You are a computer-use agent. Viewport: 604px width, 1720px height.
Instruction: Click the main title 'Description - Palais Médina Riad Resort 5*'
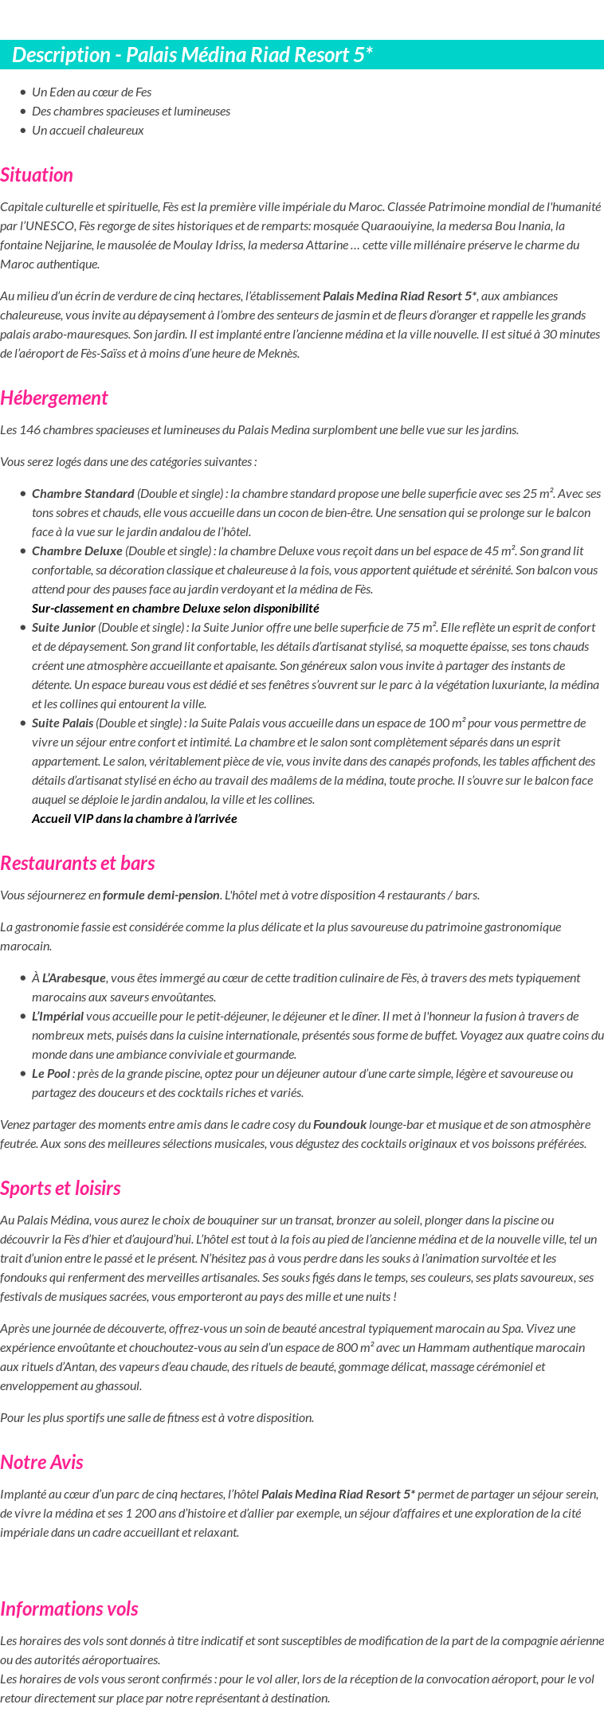pyautogui.click(x=192, y=55)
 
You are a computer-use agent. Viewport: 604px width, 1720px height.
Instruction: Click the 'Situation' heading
pyautogui.click(x=37, y=174)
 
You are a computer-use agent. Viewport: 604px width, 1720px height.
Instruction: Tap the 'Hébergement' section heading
pyautogui.click(x=53, y=398)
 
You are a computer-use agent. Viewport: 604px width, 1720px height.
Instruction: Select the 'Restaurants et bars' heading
pyautogui.click(x=77, y=863)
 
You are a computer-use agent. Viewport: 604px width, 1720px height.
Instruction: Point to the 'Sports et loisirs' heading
pyautogui.click(x=61, y=1188)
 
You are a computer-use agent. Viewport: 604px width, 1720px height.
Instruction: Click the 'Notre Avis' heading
pyautogui.click(x=41, y=1462)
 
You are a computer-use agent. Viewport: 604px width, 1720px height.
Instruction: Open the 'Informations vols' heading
pyautogui.click(x=69, y=1608)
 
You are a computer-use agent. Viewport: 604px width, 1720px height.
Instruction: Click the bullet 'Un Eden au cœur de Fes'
pyautogui.click(x=92, y=92)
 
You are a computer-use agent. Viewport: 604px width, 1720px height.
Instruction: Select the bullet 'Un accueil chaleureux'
pyautogui.click(x=88, y=130)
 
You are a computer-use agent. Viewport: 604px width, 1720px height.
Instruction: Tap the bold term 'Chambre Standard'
pyautogui.click(x=83, y=493)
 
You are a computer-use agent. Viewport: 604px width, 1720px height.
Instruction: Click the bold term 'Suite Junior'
pyautogui.click(x=64, y=627)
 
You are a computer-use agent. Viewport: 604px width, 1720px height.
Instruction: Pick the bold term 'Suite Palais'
pyautogui.click(x=63, y=723)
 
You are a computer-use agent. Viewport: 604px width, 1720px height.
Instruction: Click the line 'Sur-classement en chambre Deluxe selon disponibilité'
pyautogui.click(x=175, y=608)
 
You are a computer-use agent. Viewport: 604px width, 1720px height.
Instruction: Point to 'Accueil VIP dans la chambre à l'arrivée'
pyautogui.click(x=134, y=818)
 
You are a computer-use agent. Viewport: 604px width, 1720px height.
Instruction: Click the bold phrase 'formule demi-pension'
pyautogui.click(x=161, y=895)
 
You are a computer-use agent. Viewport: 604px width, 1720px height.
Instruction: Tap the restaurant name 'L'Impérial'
pyautogui.click(x=57, y=1016)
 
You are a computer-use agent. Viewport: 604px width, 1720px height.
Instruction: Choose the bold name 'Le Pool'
pyautogui.click(x=51, y=1073)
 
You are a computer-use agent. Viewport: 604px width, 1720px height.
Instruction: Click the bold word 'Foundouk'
pyautogui.click(x=339, y=1124)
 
